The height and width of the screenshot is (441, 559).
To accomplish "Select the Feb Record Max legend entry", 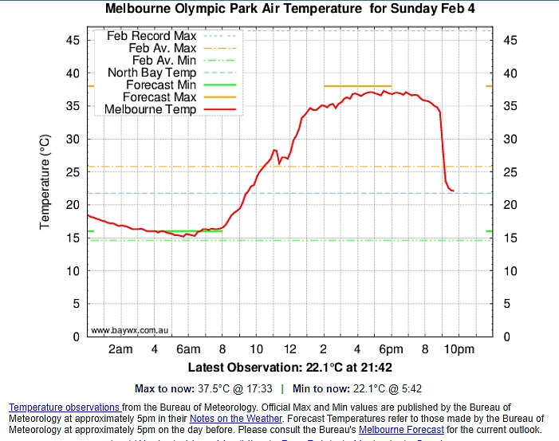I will (x=152, y=36).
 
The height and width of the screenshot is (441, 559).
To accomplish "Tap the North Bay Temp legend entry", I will (x=152, y=72).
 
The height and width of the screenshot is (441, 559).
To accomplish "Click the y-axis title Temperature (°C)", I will (x=45, y=182).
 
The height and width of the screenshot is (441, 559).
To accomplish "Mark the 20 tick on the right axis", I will (x=510, y=205).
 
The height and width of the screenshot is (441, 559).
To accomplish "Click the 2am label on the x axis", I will (x=120, y=349).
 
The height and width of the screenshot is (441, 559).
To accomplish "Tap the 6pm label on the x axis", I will (x=391, y=349).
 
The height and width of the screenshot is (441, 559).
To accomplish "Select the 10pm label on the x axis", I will (x=459, y=349).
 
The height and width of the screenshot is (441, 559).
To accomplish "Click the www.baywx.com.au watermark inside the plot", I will (x=129, y=329).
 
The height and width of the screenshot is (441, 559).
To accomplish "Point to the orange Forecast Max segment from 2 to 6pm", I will (x=357, y=85).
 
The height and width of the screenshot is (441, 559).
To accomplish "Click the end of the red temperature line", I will (x=453, y=191).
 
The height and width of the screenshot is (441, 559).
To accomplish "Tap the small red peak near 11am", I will (x=274, y=150).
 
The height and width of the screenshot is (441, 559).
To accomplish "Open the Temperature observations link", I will (x=65, y=408).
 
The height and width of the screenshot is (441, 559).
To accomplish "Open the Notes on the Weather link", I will (x=235, y=418).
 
